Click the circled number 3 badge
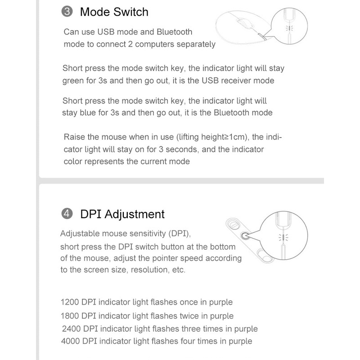67,12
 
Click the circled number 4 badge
67,214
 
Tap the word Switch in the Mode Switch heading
131,12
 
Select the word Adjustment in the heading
135,215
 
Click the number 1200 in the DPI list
70,302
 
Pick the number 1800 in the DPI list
70,316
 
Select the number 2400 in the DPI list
72,329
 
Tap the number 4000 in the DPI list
71,341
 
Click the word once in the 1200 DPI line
189,302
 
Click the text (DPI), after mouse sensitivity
180,234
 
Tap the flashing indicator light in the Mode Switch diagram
289,28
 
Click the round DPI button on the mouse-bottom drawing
245,236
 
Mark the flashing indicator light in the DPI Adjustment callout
283,238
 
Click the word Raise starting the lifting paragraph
74,137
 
